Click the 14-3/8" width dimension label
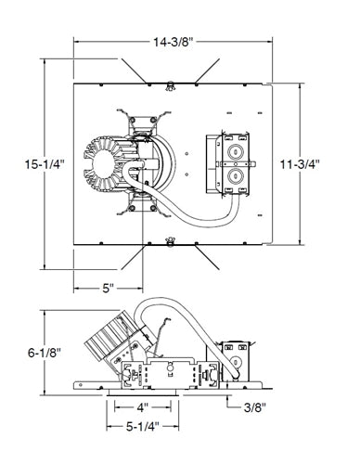tap(174, 42)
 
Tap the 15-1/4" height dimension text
tap(45, 164)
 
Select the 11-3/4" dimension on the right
tap(300, 164)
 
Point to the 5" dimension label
tap(108, 289)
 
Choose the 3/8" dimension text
tap(255, 407)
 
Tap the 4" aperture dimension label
tap(143, 407)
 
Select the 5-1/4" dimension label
tap(143, 427)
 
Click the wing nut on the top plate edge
tap(170, 85)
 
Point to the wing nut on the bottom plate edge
tap(170, 241)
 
